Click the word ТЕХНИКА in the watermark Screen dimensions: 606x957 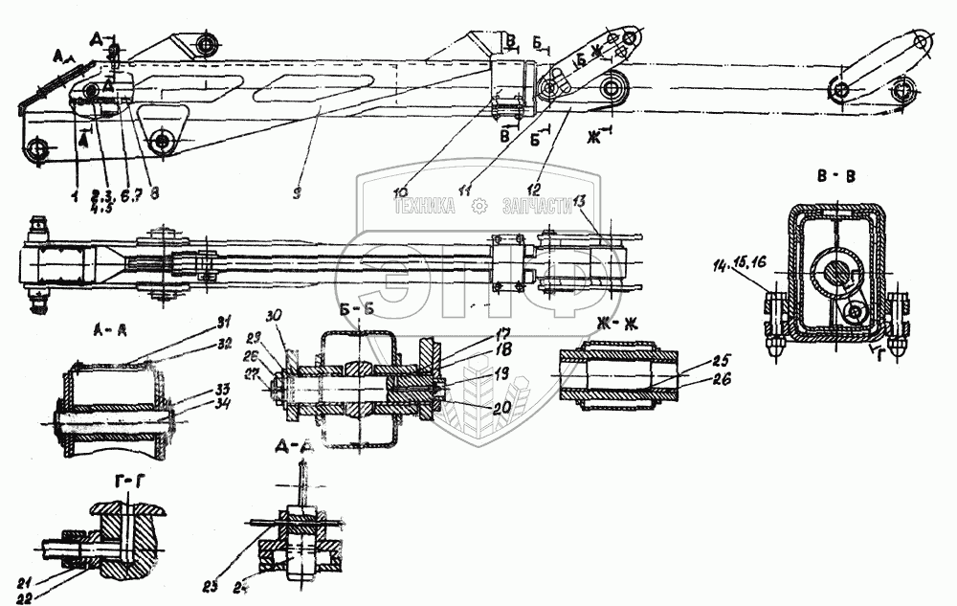[x=429, y=204]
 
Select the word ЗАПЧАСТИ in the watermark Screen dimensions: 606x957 [x=542, y=204]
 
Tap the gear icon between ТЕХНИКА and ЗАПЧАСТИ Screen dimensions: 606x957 [x=483, y=204]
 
